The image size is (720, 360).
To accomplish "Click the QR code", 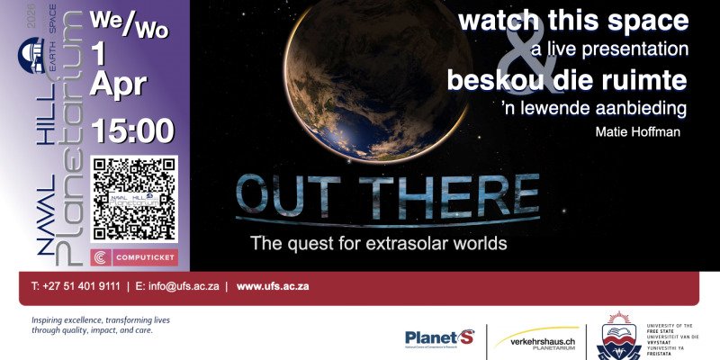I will [x=134, y=199].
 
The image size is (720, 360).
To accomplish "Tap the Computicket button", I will [x=134, y=257].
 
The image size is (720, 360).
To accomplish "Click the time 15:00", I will [x=131, y=131].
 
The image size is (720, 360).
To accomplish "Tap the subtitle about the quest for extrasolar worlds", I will [x=378, y=243].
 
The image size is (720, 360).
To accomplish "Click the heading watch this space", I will [x=573, y=21].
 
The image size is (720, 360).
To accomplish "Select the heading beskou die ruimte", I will [x=567, y=80].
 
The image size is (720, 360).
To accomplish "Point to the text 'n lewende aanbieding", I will [x=594, y=108].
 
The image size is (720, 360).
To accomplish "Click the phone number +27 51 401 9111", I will [x=76, y=286].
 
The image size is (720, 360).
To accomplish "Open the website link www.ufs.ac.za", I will [x=273, y=286].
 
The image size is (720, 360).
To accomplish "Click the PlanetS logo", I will [x=439, y=338].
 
